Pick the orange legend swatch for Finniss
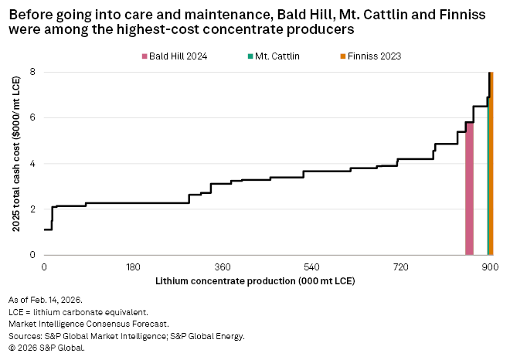342,56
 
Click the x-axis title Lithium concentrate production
255,280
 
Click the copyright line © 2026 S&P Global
46,348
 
